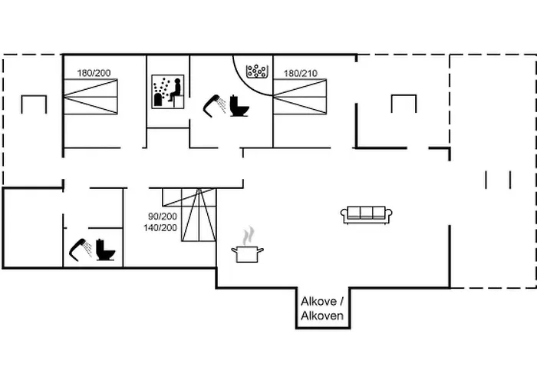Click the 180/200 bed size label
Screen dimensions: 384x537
pos(94,73)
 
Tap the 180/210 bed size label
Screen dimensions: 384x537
pos(300,74)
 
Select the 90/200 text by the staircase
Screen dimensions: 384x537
pos(163,217)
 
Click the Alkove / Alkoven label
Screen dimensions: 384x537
pos(321,309)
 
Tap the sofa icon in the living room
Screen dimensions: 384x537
pos(367,214)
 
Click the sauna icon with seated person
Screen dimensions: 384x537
pos(168,91)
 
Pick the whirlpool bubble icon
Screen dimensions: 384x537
pos(256,71)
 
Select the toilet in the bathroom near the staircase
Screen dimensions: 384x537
pos(105,251)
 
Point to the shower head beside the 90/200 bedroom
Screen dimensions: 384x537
pos(80,250)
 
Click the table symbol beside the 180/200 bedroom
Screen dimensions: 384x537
pos(34,103)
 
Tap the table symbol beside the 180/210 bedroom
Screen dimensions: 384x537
pos(403,103)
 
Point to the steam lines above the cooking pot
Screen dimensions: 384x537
pos(247,233)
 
